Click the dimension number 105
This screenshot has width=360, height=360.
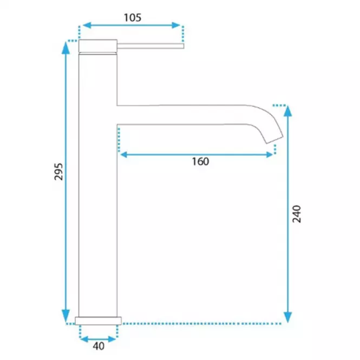pyautogui.click(x=133, y=18)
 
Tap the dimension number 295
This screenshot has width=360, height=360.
pyautogui.click(x=58, y=172)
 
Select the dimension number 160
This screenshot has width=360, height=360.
pyautogui.click(x=200, y=161)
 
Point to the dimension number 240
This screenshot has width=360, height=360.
pyautogui.click(x=297, y=214)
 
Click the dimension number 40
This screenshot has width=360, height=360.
pyautogui.click(x=99, y=346)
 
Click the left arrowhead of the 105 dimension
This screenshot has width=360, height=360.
pyautogui.click(x=87, y=25)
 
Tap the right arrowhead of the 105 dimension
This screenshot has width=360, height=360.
pyautogui.click(x=176, y=25)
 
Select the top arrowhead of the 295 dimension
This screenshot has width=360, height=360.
pyautogui.click(x=66, y=48)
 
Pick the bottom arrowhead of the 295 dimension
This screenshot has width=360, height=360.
pyautogui.click(x=66, y=316)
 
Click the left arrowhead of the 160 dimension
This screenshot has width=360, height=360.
pyautogui.click(x=124, y=155)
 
